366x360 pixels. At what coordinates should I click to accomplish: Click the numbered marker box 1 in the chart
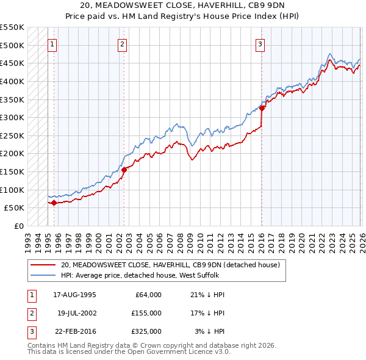52,43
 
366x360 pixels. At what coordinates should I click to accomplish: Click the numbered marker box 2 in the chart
123,43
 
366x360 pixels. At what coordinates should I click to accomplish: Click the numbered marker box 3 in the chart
260,43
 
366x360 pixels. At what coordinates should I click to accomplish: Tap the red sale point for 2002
124,170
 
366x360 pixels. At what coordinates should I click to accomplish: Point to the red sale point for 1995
54,203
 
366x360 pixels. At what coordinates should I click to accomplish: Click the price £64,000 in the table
148,294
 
